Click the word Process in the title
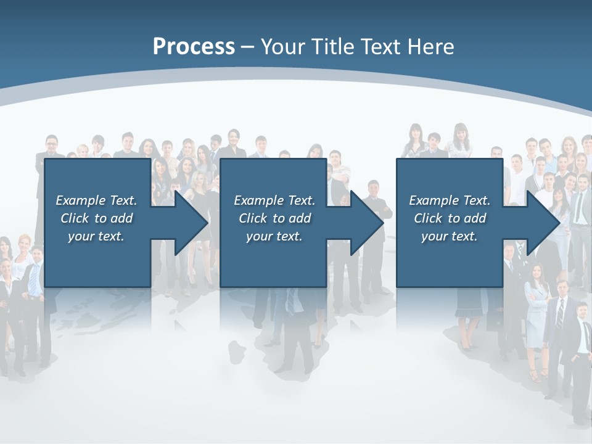tap(194, 47)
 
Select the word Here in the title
tap(430, 47)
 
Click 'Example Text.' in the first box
tap(96, 200)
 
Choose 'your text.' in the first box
tap(96, 236)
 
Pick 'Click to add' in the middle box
tap(274, 218)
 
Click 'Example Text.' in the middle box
tap(274, 200)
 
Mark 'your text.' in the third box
tap(450, 236)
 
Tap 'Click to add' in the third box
tap(450, 218)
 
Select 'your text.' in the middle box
tap(274, 236)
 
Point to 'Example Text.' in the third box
tap(450, 200)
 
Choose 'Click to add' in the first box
tap(96, 218)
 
